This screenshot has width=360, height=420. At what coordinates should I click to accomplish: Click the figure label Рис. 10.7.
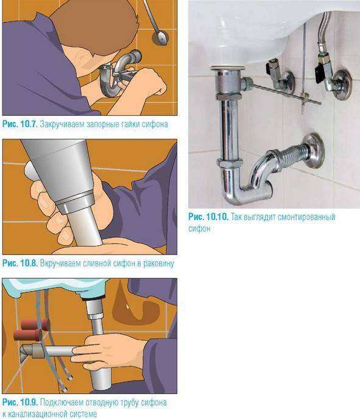pyautogui.click(x=19, y=124)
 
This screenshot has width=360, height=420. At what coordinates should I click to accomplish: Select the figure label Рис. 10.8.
pyautogui.click(x=19, y=264)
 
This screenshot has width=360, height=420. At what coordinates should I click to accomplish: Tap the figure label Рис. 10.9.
pyautogui.click(x=19, y=403)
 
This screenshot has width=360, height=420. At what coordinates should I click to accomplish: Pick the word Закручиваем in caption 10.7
pyautogui.click(x=63, y=124)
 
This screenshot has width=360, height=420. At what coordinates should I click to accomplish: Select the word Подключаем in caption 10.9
pyautogui.click(x=62, y=403)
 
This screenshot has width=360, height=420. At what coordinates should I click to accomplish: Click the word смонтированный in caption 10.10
pyautogui.click(x=305, y=217)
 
